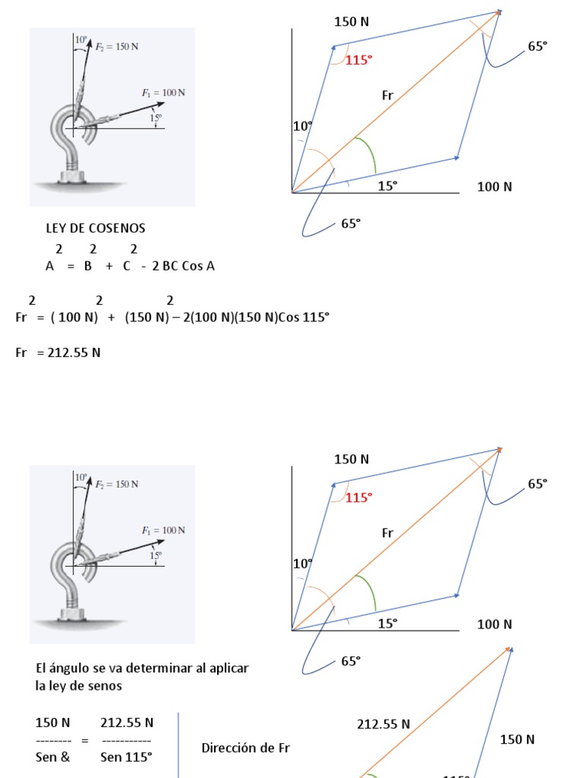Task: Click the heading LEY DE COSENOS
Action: tap(95, 228)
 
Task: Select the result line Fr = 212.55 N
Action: tap(58, 353)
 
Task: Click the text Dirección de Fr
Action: tap(246, 748)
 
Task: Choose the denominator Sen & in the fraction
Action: tap(52, 757)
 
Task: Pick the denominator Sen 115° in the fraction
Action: tap(126, 757)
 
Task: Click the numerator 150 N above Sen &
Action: tap(52, 723)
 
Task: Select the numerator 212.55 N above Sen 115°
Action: tap(127, 723)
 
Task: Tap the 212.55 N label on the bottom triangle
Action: tap(383, 725)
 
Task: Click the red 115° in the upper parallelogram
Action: tap(358, 60)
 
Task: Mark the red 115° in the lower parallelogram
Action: tap(358, 498)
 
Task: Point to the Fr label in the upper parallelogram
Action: tap(388, 96)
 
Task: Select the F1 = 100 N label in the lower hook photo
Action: tap(163, 530)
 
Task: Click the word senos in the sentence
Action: tap(106, 686)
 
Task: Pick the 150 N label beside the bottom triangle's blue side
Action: tap(517, 740)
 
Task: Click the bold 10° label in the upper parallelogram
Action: tap(302, 127)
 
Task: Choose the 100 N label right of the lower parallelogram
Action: tap(494, 625)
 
